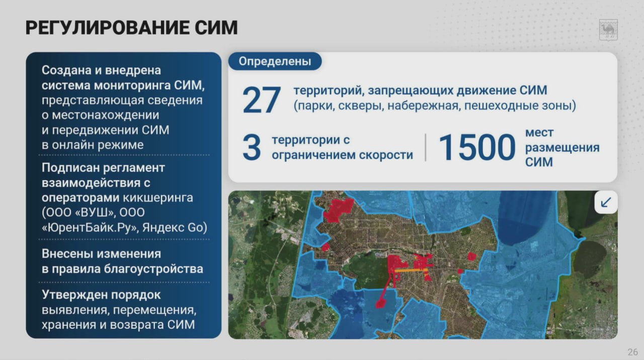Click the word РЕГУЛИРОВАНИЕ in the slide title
[107, 28]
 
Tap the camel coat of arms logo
[608, 30]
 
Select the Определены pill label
[275, 61]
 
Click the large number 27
[261, 100]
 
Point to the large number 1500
[477, 147]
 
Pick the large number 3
[252, 147]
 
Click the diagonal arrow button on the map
[606, 202]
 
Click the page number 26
[633, 352]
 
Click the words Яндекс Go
[175, 228]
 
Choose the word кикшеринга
[158, 198]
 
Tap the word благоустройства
[153, 269]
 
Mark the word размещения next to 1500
[562, 148]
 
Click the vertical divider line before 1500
[426, 147]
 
